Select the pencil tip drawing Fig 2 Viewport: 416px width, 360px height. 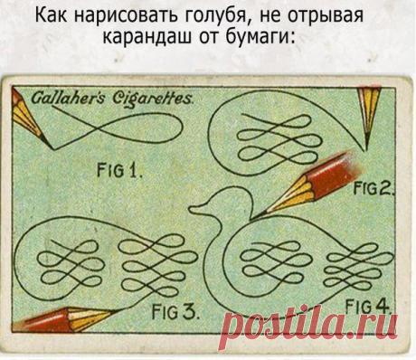(367, 145)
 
